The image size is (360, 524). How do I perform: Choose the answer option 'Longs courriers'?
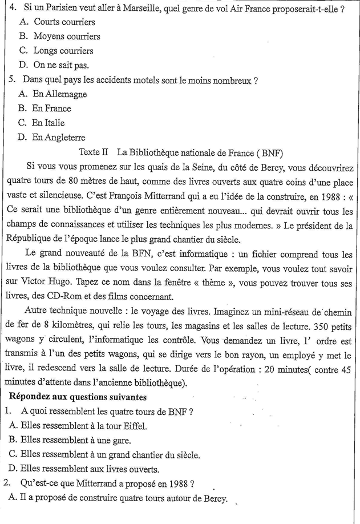pos(64,51)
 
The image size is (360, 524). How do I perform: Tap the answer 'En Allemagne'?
pos(59,94)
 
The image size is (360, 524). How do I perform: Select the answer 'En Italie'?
pos(48,123)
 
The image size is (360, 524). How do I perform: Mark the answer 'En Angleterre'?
pos(59,137)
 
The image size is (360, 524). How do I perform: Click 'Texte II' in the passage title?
pos(95,152)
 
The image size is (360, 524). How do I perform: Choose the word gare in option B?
pos(121,440)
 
